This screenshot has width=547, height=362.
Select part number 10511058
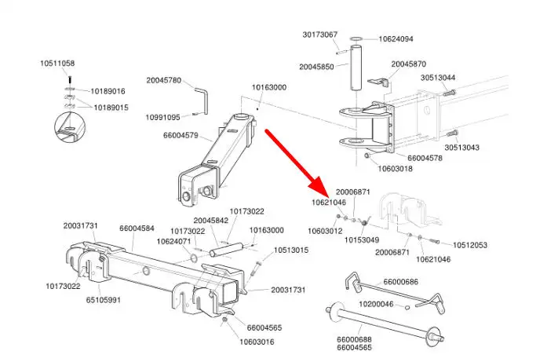[58, 63]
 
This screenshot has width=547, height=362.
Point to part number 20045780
[163, 80]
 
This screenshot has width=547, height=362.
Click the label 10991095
[162, 117]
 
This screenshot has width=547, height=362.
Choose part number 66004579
[182, 136]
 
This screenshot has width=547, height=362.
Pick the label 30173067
[320, 35]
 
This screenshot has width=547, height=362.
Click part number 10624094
[396, 38]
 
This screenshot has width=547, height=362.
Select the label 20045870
[408, 64]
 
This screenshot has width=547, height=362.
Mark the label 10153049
[362, 240]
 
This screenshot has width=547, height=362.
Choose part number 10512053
[470, 245]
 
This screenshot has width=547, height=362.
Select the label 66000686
[400, 282]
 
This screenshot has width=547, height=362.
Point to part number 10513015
[291, 250]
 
